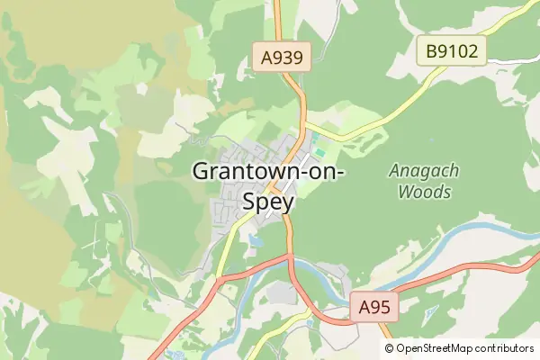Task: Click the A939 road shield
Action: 281,58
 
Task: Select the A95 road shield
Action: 373,308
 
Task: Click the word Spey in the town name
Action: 268,202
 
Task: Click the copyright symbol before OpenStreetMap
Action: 389,348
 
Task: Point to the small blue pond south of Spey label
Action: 256,241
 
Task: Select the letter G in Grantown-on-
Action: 202,171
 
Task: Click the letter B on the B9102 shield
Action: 432,50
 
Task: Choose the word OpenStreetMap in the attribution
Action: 435,348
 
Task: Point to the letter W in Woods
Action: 405,192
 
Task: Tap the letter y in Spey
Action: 287,203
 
